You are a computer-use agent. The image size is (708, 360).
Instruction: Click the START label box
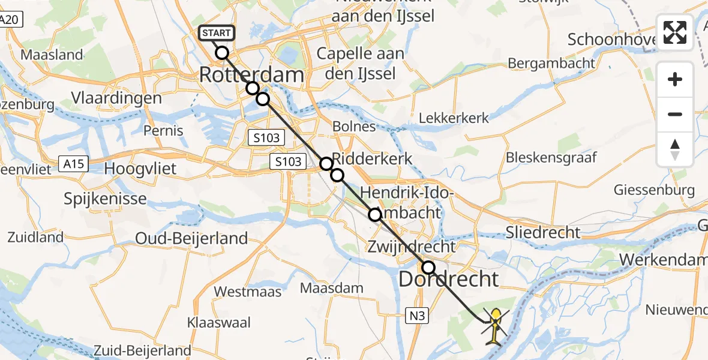tap(215, 33)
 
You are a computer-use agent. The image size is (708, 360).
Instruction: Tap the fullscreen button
tap(675, 32)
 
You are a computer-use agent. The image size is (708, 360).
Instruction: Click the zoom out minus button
tap(675, 114)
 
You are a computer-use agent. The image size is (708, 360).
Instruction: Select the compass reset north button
tap(675, 149)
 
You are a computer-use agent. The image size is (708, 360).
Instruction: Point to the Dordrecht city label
tap(449, 279)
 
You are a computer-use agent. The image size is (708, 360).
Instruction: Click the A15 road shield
tap(74, 163)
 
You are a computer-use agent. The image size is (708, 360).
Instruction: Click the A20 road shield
tap(10, 20)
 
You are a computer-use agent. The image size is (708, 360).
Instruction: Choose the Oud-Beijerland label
tap(191, 238)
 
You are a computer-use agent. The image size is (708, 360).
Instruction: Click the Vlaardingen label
tap(116, 98)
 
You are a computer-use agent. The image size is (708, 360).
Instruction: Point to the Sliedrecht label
tap(544, 232)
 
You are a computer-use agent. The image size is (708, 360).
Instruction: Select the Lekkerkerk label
tap(454, 118)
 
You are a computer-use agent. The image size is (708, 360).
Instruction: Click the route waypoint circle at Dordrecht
tap(428, 268)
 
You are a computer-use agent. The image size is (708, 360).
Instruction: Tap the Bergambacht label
tap(551, 63)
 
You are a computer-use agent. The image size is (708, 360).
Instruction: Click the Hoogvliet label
tap(140, 168)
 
